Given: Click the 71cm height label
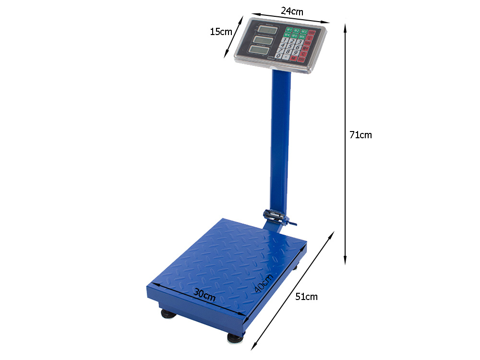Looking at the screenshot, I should click(x=360, y=135).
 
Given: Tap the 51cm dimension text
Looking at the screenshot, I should click(x=306, y=297).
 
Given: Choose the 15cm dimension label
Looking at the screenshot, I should click(x=221, y=32).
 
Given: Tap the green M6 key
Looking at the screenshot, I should click(x=302, y=36).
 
